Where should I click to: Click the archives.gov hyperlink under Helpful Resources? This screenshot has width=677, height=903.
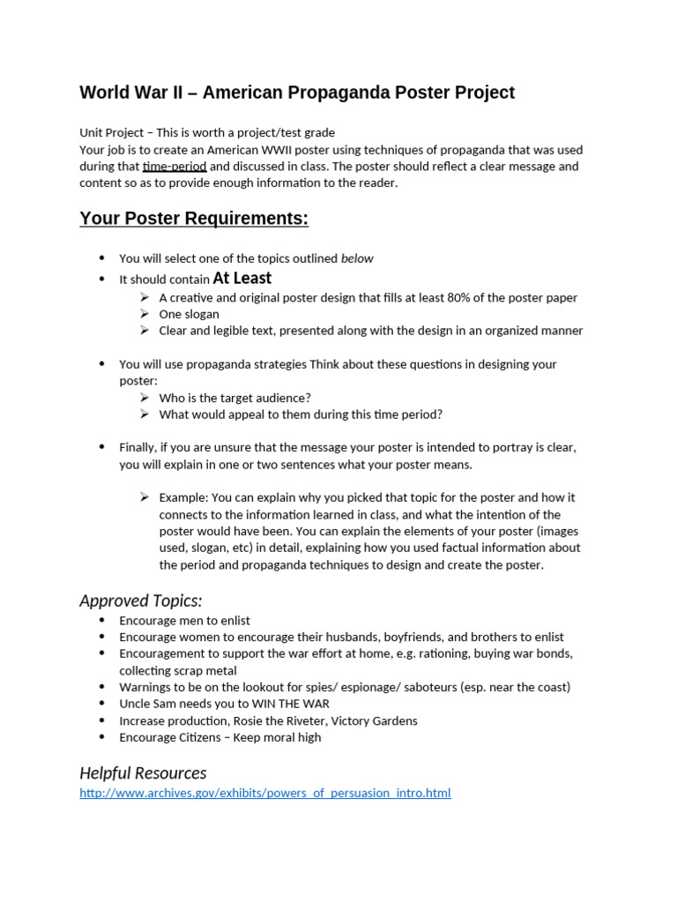click(264, 793)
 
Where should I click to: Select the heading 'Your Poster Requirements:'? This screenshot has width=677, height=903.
click(194, 219)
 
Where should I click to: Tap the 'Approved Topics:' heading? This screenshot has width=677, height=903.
click(141, 601)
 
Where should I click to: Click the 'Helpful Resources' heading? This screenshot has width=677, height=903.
click(143, 772)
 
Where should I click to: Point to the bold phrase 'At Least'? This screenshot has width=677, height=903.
click(242, 279)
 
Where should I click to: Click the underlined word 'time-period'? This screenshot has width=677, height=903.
click(175, 166)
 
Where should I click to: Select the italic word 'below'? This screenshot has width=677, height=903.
click(357, 258)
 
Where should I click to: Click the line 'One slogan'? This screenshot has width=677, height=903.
click(189, 314)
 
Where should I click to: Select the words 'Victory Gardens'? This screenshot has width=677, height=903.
click(374, 720)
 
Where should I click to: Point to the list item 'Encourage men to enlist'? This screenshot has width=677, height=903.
click(185, 621)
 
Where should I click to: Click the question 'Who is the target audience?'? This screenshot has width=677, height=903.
click(234, 398)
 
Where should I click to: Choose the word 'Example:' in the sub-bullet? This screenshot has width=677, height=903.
click(183, 497)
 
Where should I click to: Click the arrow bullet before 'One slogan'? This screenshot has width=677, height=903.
click(145, 314)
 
